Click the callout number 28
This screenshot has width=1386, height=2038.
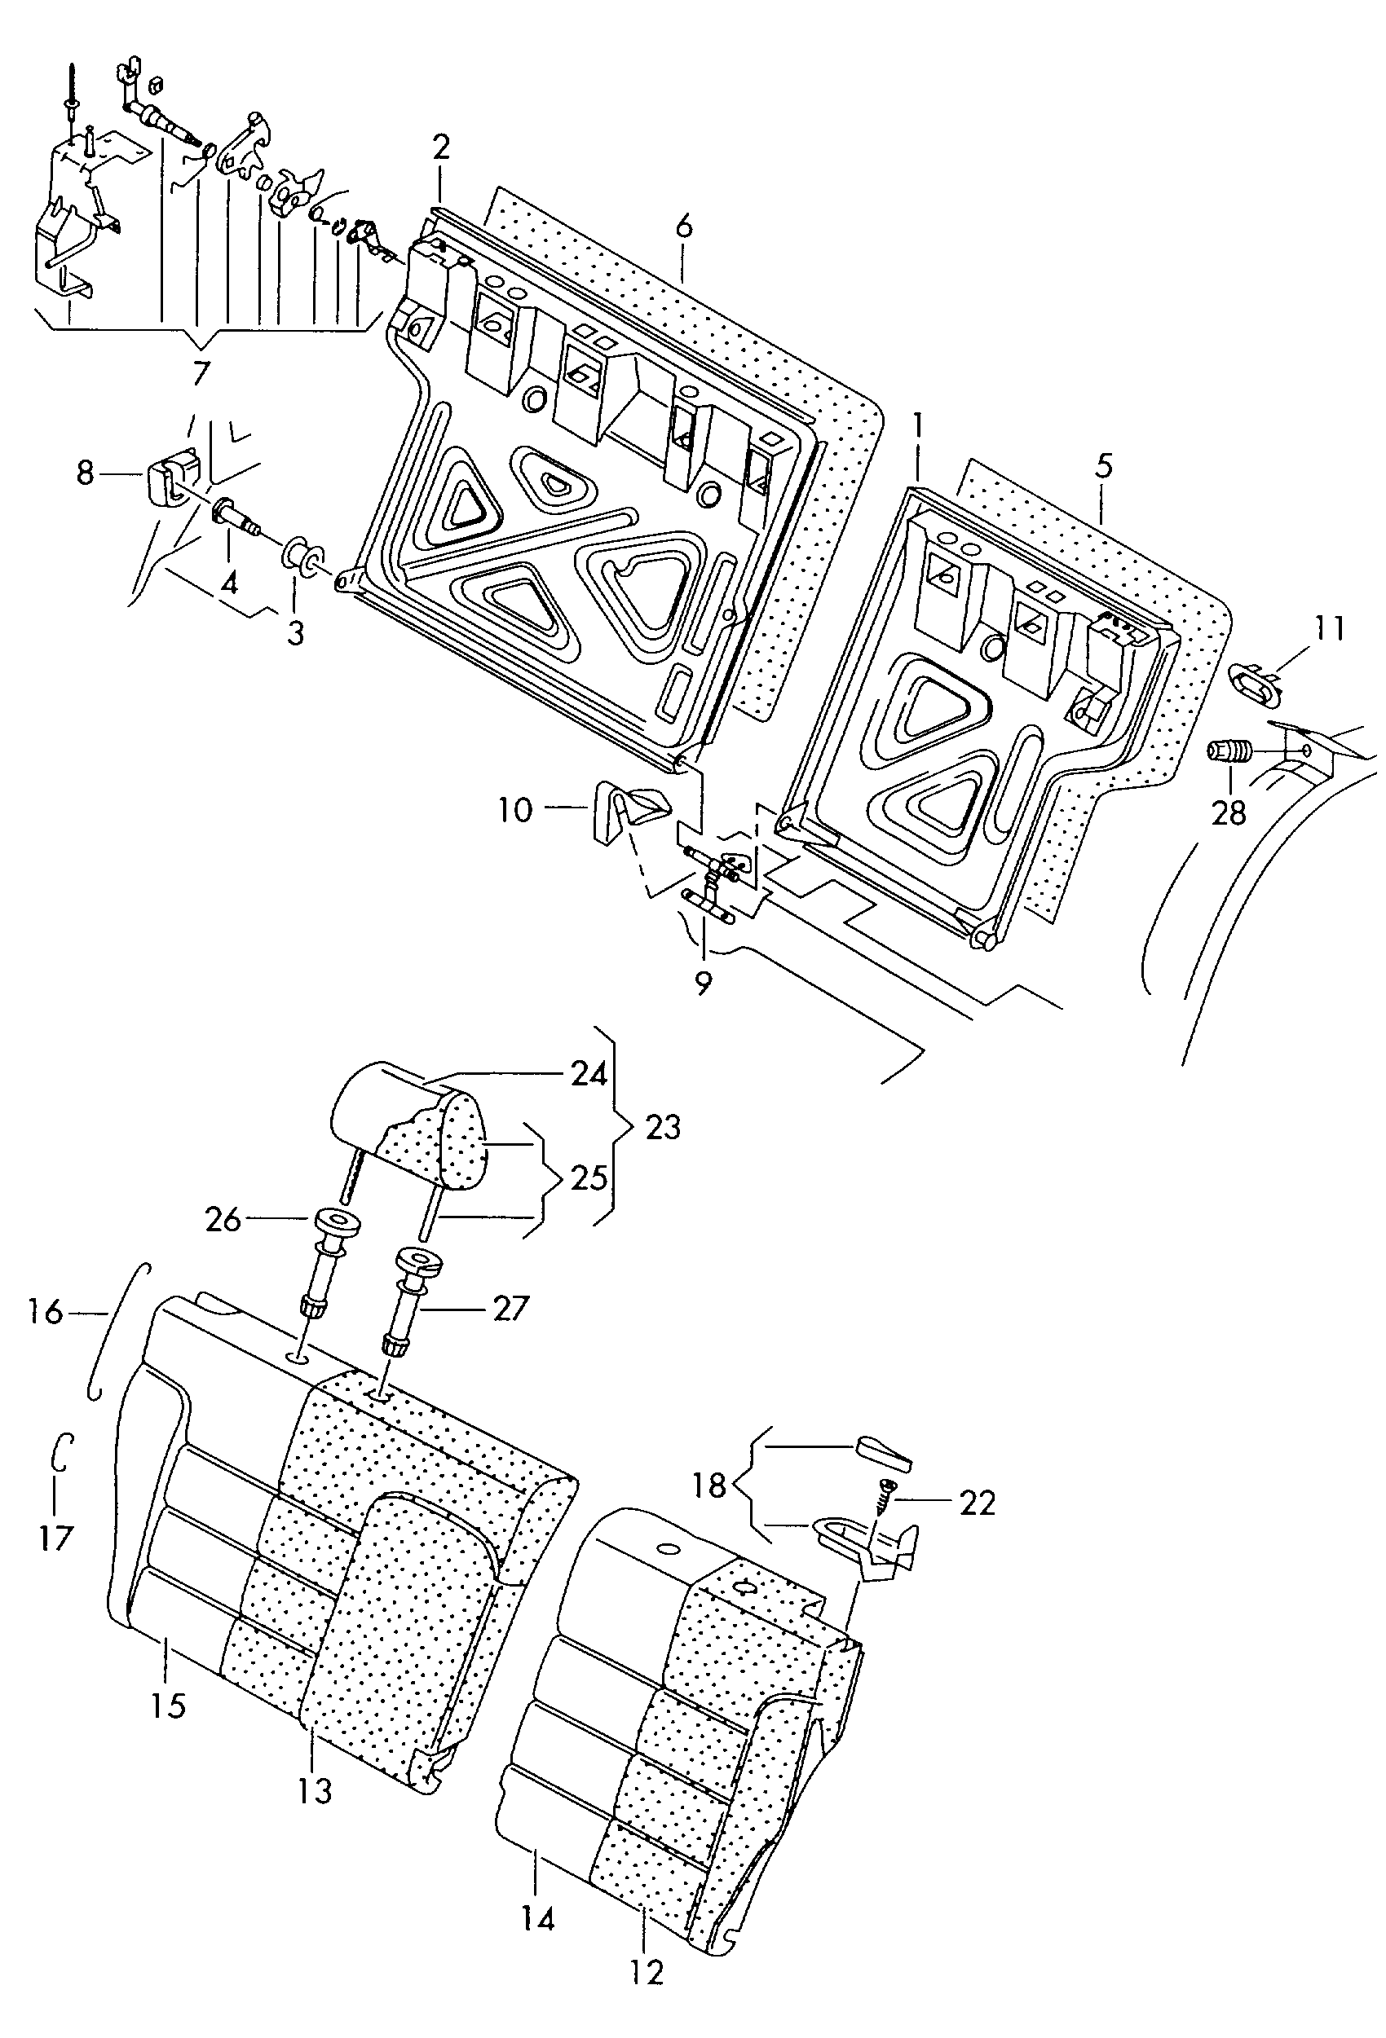(1228, 813)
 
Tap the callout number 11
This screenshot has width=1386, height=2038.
(1329, 629)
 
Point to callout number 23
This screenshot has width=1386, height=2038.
(662, 1127)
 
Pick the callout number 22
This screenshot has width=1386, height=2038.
(978, 1503)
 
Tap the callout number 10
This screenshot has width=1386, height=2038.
(515, 809)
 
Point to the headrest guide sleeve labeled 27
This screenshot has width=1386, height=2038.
(409, 1303)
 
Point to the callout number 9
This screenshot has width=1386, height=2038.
(703, 983)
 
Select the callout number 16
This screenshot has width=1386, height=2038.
(46, 1313)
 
